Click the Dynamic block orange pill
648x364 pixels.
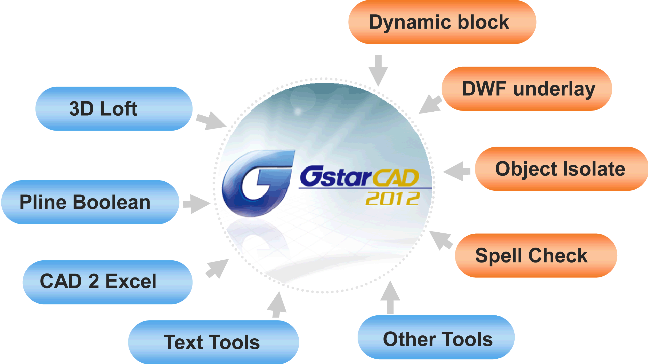tap(442, 22)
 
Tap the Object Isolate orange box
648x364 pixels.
tap(561, 169)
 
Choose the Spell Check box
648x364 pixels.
tap(536, 256)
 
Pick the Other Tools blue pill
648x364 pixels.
tap(436, 337)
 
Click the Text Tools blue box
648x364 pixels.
tap(213, 342)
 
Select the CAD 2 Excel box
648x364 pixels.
tap(107, 282)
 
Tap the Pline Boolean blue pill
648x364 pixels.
tap(90, 202)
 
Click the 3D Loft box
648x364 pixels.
tap(114, 109)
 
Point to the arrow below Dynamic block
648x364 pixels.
tap(378, 71)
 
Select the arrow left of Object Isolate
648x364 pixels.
tap(457, 171)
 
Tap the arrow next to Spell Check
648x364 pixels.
tap(441, 240)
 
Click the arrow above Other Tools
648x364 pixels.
tap(390, 297)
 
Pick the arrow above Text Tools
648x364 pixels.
tap(277, 305)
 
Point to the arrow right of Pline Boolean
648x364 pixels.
tap(197, 204)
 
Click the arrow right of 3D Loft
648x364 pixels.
tap(211, 121)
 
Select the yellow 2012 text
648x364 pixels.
tap(393, 198)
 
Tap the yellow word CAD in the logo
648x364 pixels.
tap(395, 178)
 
